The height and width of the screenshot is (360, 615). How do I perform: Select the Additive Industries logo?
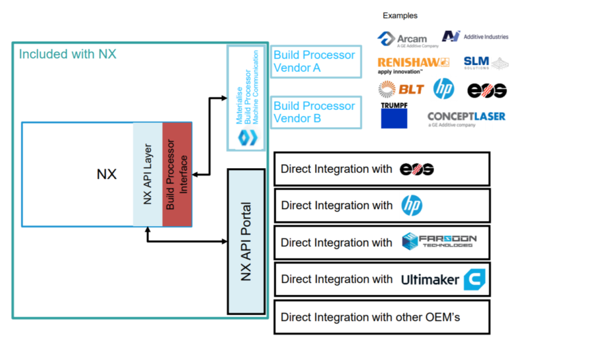tap(475, 36)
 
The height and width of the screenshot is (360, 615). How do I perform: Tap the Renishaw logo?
tap(413, 65)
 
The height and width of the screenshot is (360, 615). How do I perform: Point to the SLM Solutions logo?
tap(486, 63)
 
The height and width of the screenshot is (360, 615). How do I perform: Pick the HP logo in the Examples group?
tap(443, 89)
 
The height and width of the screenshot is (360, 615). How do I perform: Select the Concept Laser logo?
tap(467, 118)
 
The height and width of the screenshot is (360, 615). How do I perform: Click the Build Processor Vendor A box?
tap(314, 61)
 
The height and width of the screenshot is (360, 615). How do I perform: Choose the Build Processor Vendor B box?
tap(314, 112)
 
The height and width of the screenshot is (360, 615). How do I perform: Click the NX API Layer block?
tap(148, 175)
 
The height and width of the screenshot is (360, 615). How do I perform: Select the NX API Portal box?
tap(246, 242)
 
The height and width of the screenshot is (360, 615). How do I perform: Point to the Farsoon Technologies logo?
tap(439, 242)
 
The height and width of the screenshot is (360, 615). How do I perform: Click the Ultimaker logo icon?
tap(474, 279)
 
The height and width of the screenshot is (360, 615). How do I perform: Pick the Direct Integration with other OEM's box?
tap(382, 317)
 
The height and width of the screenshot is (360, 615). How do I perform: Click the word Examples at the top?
tap(400, 15)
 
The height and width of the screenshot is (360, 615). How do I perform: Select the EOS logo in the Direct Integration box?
tap(417, 169)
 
